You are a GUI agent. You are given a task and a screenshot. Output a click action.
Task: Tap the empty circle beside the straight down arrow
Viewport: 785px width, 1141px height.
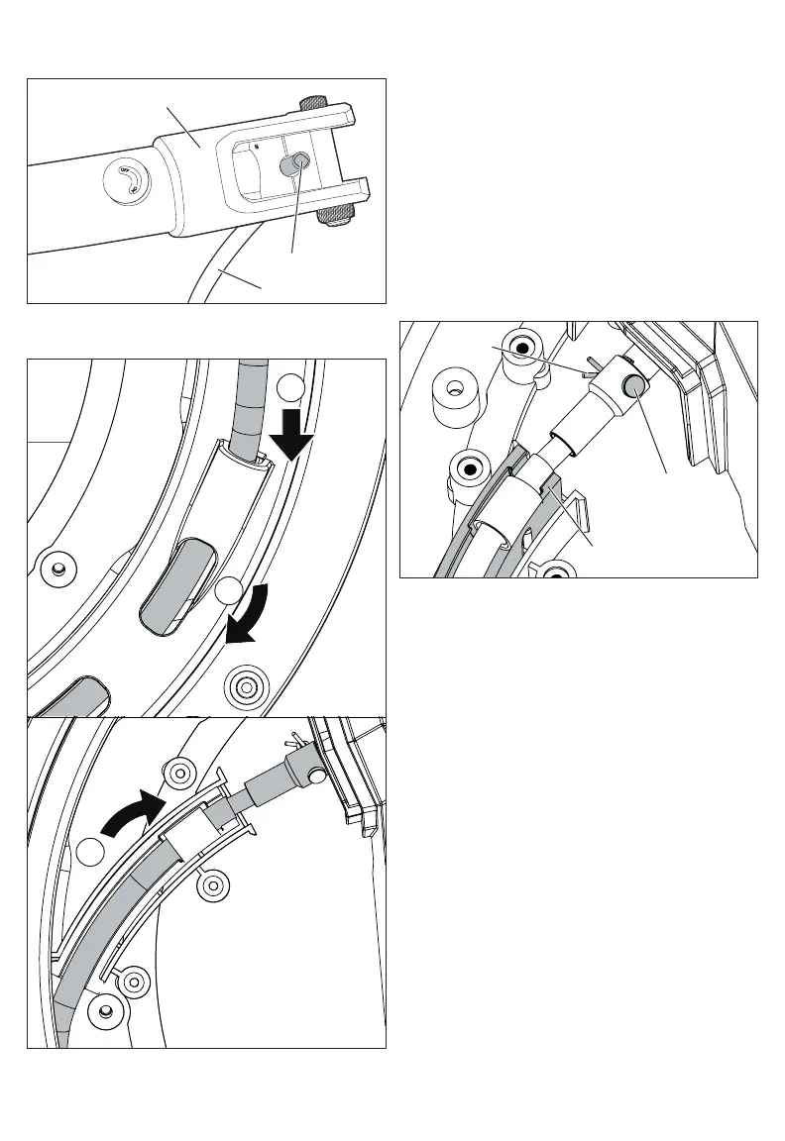[289, 388]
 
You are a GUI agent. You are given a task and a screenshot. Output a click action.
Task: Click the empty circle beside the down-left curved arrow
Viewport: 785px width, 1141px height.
[228, 591]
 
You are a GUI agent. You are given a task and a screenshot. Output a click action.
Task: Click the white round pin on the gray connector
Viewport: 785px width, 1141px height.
[317, 777]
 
